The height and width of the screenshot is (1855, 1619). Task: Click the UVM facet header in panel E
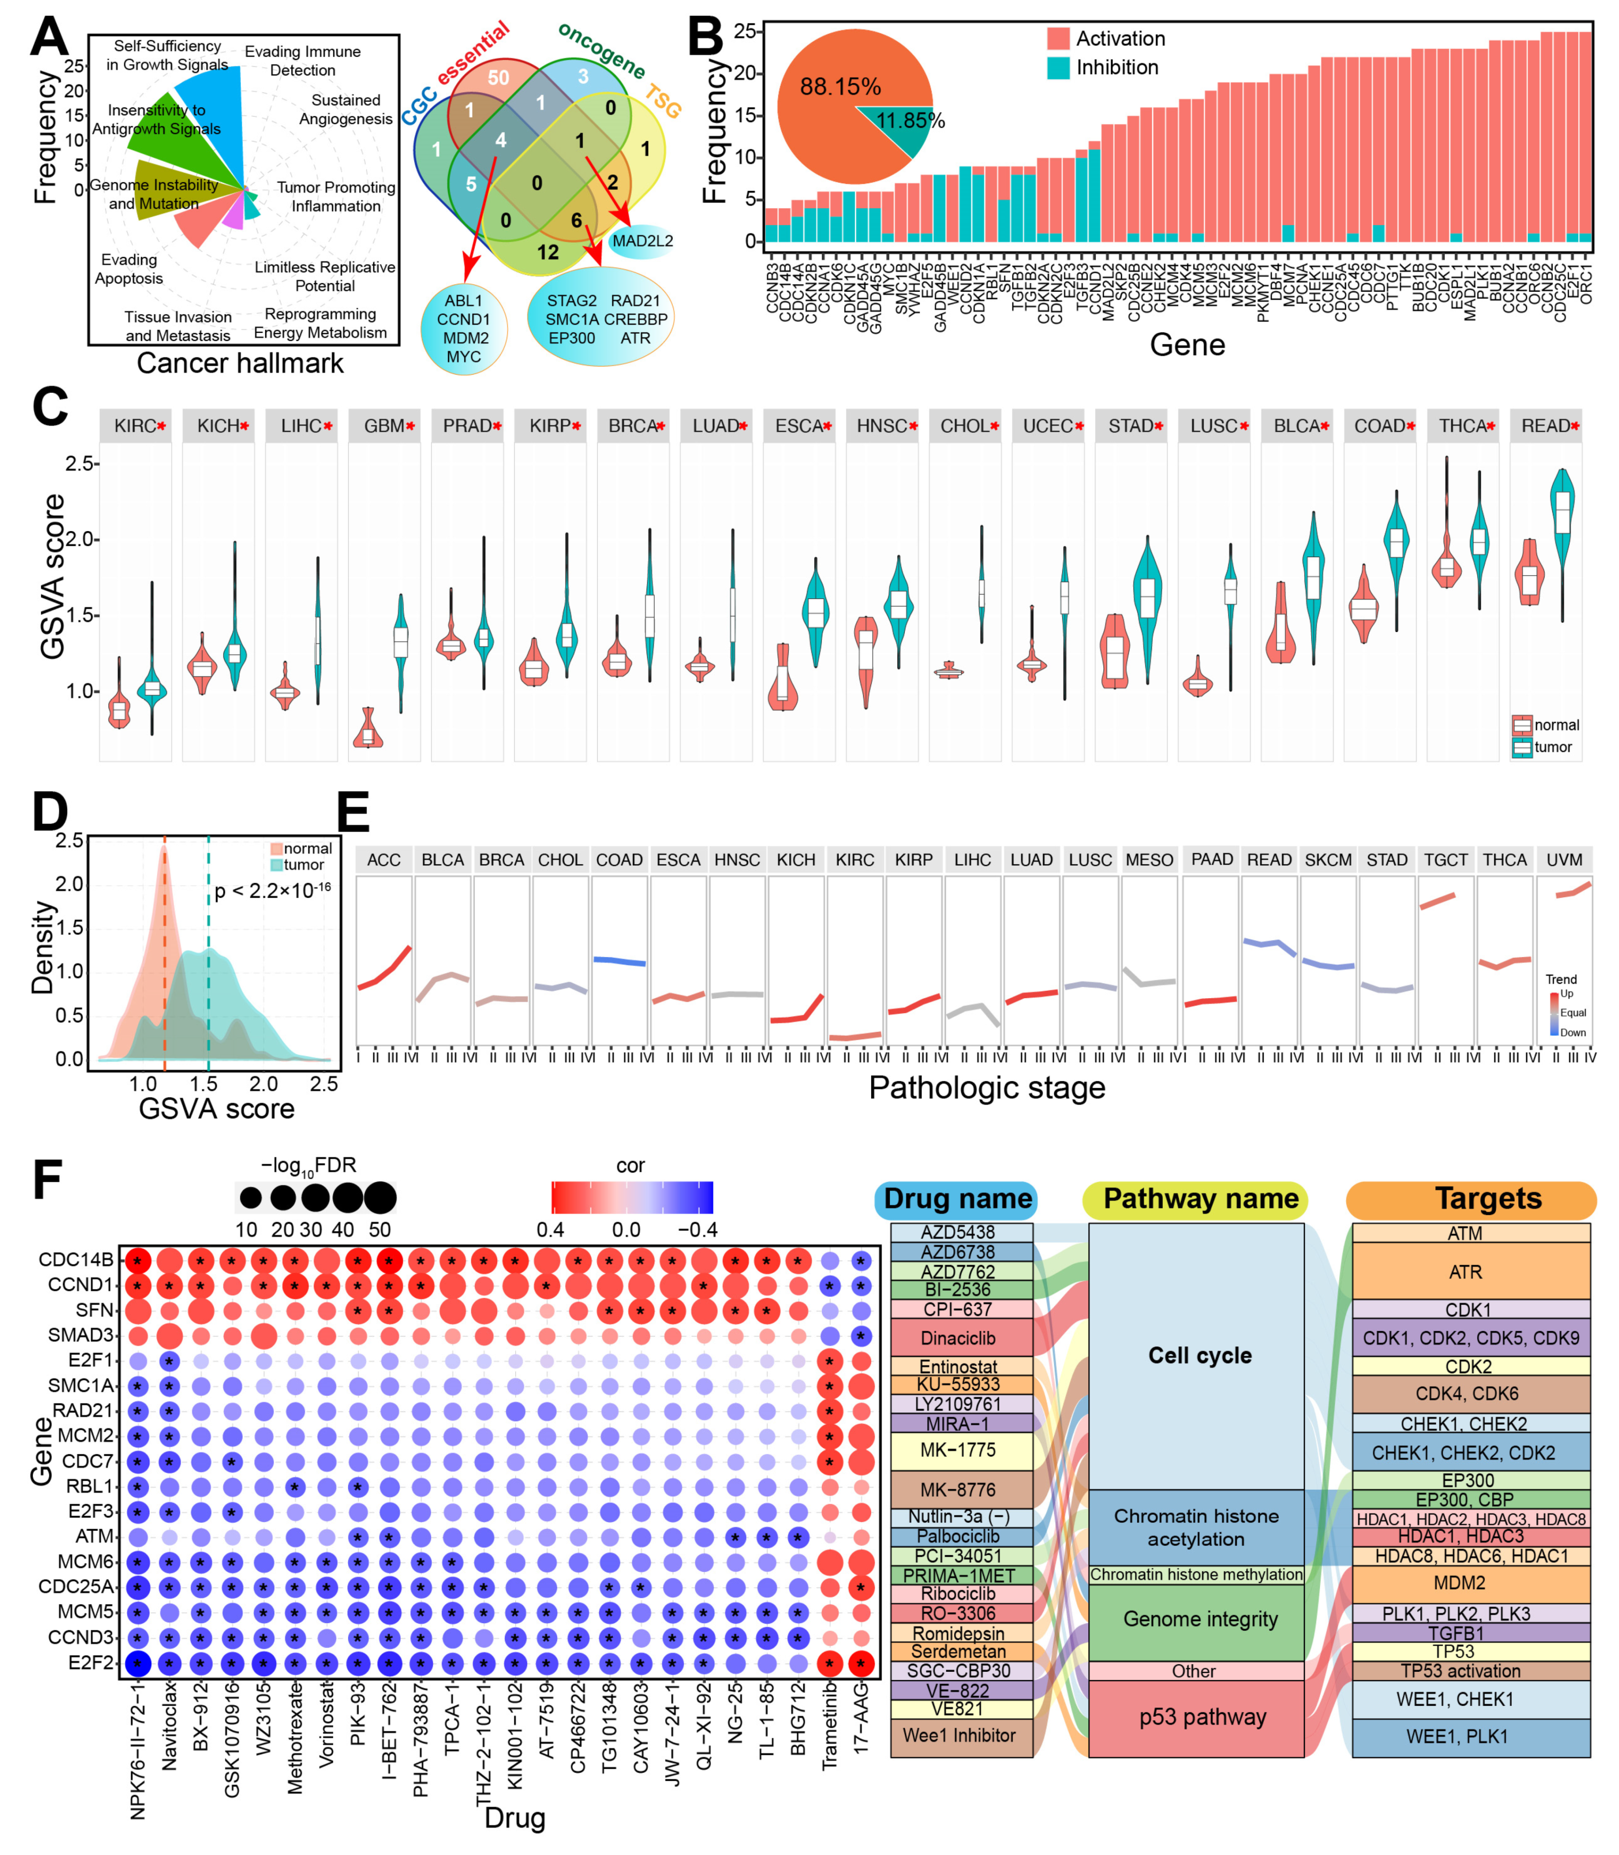click(x=1564, y=859)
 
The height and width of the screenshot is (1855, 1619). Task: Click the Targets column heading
click(x=1488, y=1199)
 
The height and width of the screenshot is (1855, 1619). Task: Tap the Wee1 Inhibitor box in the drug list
click(x=960, y=1735)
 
